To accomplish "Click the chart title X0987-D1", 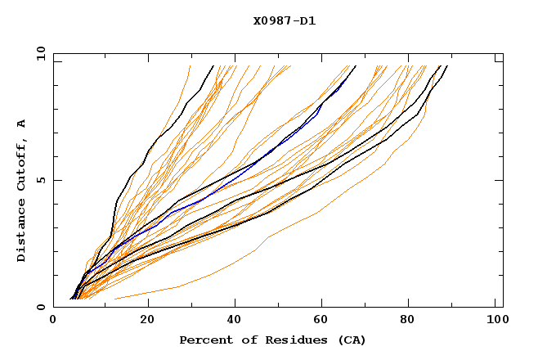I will coord(285,21).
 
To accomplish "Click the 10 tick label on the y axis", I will coord(40,54).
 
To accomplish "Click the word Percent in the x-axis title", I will coord(202,340).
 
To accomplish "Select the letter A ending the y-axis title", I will coord(21,123).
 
